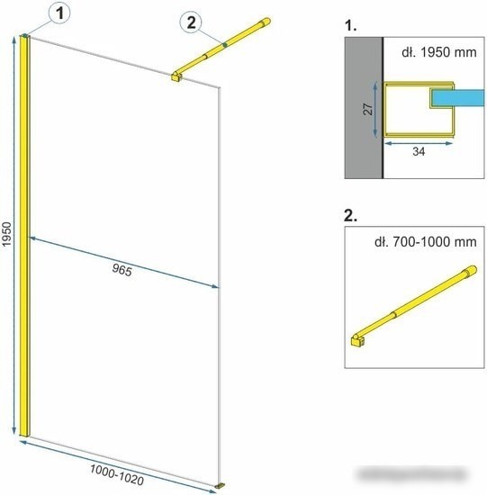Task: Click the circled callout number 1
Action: tap(59, 13)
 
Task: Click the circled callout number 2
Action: tap(191, 22)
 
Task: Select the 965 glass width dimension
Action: tap(122, 270)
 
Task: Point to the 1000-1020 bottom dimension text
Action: tap(117, 474)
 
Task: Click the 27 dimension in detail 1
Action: tap(368, 109)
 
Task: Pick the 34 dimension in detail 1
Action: tap(419, 151)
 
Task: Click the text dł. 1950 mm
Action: tap(439, 52)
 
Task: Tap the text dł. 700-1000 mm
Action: tap(426, 242)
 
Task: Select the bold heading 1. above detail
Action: tap(350, 25)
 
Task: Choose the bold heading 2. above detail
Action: tap(350, 215)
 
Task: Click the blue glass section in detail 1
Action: tap(458, 98)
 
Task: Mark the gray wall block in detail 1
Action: tap(364, 108)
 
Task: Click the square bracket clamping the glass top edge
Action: tap(176, 76)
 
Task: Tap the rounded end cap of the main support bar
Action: tap(265, 22)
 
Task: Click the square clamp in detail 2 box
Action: tap(357, 340)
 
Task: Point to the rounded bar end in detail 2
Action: tap(471, 271)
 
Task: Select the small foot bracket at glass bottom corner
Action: tap(221, 485)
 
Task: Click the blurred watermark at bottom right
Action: tap(414, 473)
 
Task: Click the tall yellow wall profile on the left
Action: tap(24, 236)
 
